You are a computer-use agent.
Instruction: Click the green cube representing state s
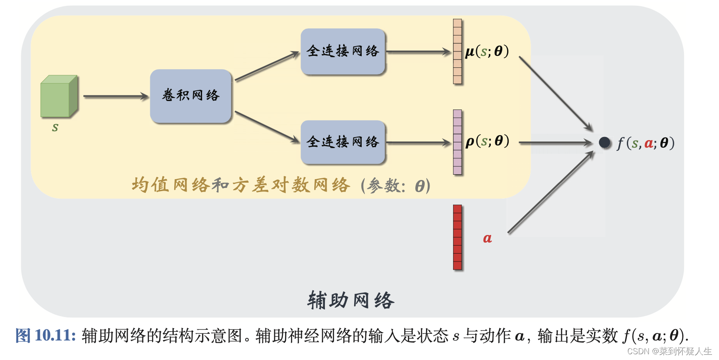pyautogui.click(x=59, y=97)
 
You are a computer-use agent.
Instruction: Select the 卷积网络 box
pyautogui.click(x=191, y=96)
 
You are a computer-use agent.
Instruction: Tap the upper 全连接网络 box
pyautogui.click(x=343, y=51)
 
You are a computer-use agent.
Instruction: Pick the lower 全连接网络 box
pyautogui.click(x=343, y=142)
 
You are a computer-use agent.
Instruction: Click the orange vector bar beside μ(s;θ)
pyautogui.click(x=457, y=51)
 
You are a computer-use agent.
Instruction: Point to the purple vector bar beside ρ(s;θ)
pyautogui.click(x=457, y=142)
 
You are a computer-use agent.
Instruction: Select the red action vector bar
pyautogui.click(x=457, y=237)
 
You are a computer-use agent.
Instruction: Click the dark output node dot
pyautogui.click(x=605, y=142)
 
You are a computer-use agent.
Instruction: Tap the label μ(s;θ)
pyautogui.click(x=487, y=51)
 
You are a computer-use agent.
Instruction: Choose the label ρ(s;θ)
pyautogui.click(x=487, y=141)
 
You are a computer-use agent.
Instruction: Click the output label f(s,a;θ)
pyautogui.click(x=645, y=143)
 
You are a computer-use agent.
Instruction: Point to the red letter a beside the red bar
pyautogui.click(x=487, y=239)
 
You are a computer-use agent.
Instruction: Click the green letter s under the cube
pyautogui.click(x=55, y=128)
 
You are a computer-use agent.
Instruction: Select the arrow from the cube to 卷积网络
pyautogui.click(x=115, y=96)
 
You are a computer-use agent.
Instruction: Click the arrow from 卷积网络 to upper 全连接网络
pyautogui.click(x=267, y=67)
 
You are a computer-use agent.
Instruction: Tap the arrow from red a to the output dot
pyautogui.click(x=551, y=192)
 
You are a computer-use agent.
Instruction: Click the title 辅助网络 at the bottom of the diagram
pyautogui.click(x=351, y=300)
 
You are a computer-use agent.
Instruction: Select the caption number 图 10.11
pyautogui.click(x=45, y=336)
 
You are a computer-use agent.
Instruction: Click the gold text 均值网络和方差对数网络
pyautogui.click(x=241, y=185)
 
